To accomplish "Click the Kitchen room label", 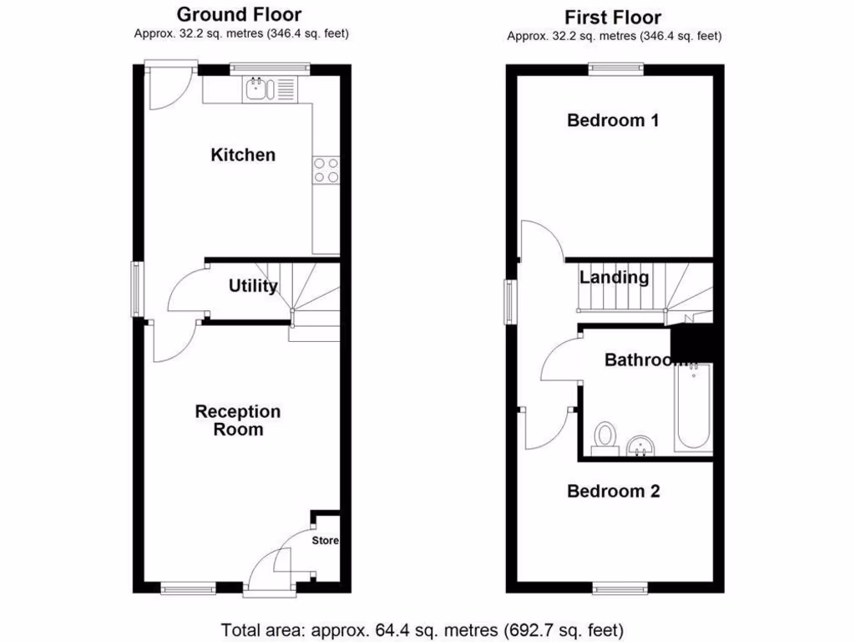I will (x=242, y=155).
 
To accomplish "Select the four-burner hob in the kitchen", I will (x=326, y=170).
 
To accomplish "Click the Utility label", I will (x=253, y=287).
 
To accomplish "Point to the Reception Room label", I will (x=238, y=420).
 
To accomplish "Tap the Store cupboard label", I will (x=326, y=541).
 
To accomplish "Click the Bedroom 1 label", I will (x=613, y=120).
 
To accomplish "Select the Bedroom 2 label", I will (x=614, y=491).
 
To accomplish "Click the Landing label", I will (x=615, y=278).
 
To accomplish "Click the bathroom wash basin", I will (x=642, y=446).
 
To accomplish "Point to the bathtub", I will (x=694, y=407).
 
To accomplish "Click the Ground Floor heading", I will (x=240, y=14).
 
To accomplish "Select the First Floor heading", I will (x=613, y=17).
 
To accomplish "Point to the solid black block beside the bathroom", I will (x=692, y=342).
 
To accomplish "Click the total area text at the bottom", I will (x=422, y=629).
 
